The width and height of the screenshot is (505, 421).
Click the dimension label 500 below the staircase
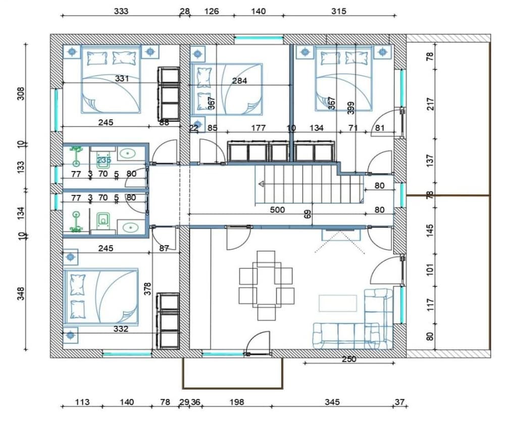[277, 209]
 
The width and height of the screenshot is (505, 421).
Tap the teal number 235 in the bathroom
[104, 160]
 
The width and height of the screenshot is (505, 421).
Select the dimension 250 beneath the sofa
[349, 359]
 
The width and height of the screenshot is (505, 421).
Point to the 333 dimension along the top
[121, 11]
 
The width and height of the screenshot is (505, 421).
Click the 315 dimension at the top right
[338, 11]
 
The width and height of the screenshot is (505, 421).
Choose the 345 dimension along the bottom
[332, 402]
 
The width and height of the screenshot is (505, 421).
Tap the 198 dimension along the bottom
[236, 402]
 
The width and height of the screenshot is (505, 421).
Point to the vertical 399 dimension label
[351, 107]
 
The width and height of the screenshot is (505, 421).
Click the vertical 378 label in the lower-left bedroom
[147, 289]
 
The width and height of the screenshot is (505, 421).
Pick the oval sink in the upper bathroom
[129, 152]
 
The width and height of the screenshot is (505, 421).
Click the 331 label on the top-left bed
[122, 78]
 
